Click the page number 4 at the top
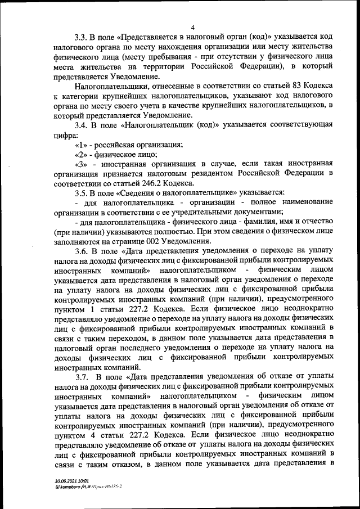pyautogui.click(x=192, y=27)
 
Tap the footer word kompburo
pyautogui.click(x=73, y=487)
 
